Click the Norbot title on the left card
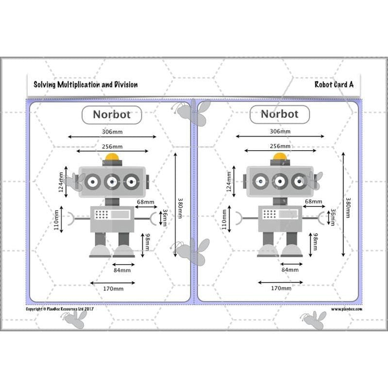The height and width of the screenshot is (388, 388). (111, 115)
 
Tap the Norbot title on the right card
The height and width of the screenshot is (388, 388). (280, 115)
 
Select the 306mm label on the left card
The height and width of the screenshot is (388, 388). (112, 132)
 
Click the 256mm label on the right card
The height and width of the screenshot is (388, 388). (280, 146)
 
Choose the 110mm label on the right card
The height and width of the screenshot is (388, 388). (225, 219)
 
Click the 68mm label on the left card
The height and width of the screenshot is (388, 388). (145, 202)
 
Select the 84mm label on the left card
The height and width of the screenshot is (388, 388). (122, 270)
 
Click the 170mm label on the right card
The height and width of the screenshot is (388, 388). (281, 288)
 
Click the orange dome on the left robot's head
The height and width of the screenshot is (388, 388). (112, 157)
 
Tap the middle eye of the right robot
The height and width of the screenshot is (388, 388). (279, 181)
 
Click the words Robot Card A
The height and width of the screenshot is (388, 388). (334, 85)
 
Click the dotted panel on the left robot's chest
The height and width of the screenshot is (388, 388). (101, 214)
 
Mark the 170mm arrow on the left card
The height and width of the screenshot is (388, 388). (112, 282)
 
